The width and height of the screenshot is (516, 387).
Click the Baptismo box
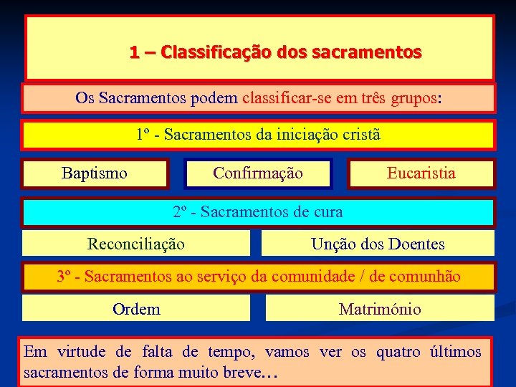tap(95, 173)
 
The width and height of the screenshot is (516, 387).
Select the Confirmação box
tap(258, 173)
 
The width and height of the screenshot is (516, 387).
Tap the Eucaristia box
tap(421, 173)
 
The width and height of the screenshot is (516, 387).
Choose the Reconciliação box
tap(135, 244)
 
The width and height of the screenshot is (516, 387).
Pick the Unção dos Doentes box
tap(378, 244)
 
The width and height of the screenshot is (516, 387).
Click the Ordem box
tap(136, 309)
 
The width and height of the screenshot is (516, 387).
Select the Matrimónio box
tap(380, 309)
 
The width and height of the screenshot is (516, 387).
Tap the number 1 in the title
tap(134, 52)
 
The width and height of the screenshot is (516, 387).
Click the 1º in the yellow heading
tap(144, 134)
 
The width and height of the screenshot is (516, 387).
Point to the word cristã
tap(361, 134)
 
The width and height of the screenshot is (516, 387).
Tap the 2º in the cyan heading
tap(181, 211)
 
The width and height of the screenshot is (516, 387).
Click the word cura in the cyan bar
tap(328, 211)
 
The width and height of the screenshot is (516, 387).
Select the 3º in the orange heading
tap(64, 276)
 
